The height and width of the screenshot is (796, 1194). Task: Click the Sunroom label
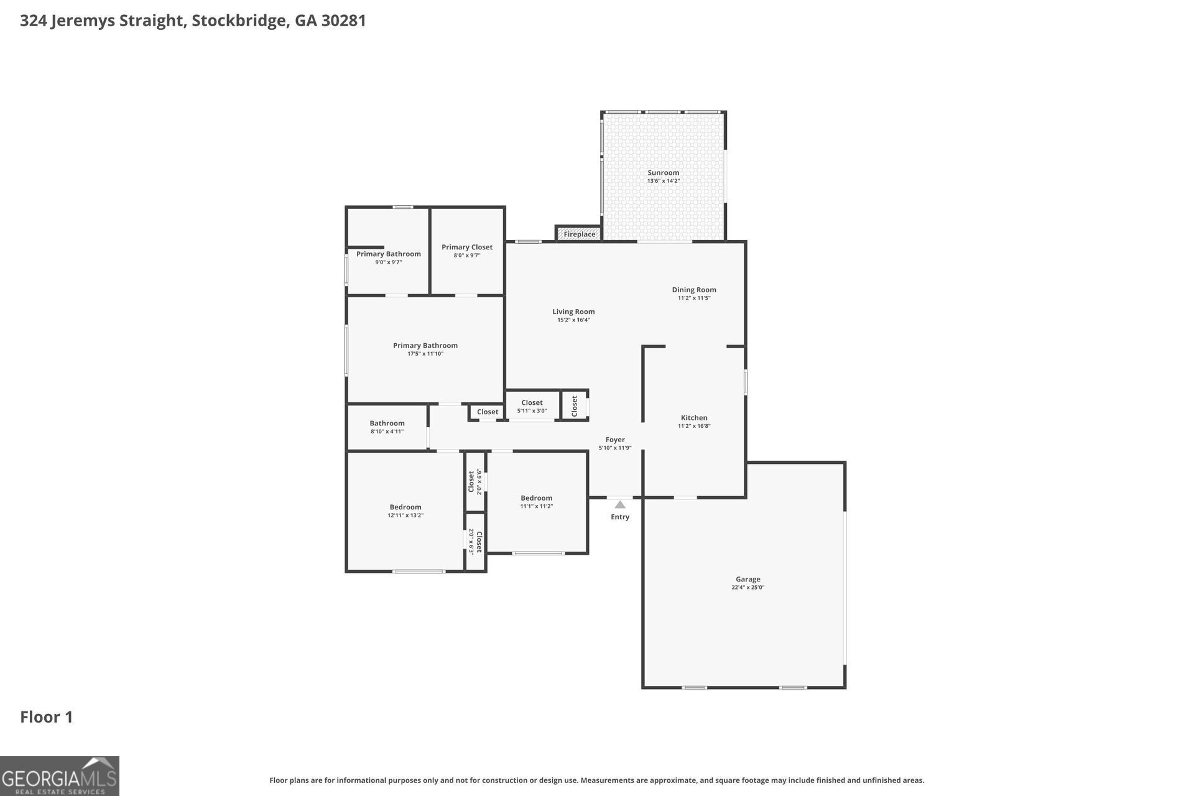click(x=663, y=173)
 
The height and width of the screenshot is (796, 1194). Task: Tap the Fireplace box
click(x=579, y=234)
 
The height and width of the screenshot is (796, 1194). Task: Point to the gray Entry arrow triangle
click(x=620, y=505)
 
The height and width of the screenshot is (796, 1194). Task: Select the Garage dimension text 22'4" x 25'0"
click(x=747, y=588)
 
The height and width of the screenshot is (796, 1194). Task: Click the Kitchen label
click(x=693, y=418)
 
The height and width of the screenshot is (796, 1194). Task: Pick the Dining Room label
click(x=693, y=290)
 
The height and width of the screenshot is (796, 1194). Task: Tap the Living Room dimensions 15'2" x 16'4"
click(x=573, y=320)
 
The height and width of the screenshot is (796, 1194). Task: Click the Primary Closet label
click(x=467, y=248)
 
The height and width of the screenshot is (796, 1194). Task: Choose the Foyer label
click(x=615, y=440)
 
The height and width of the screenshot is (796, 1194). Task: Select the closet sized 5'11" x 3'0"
click(x=532, y=406)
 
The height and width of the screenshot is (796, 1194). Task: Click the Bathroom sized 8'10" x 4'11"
click(x=387, y=427)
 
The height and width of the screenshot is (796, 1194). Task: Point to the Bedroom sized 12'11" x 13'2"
click(x=405, y=511)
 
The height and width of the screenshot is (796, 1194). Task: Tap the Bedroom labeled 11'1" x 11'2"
click(x=536, y=502)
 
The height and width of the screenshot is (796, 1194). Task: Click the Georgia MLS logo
click(x=60, y=776)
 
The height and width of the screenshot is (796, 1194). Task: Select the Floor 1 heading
click(x=47, y=717)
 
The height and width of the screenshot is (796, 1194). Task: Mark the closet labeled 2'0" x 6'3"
click(x=475, y=542)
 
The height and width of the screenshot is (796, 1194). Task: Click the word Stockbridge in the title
click(x=239, y=21)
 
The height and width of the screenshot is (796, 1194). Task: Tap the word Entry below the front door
click(x=620, y=517)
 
